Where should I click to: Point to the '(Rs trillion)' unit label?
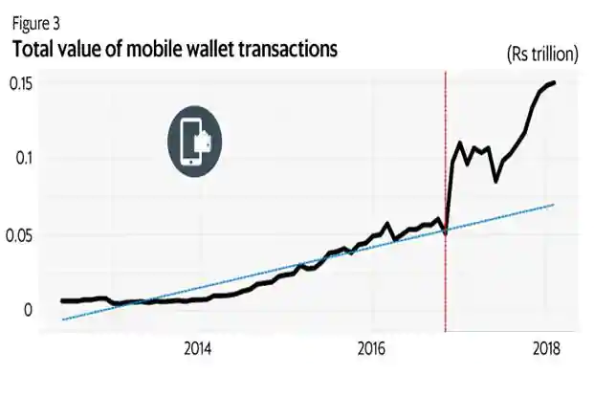pos(541,55)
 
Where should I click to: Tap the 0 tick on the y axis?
pos(28,308)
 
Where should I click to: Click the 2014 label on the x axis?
pos(198,347)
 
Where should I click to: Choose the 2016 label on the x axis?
pos(371,347)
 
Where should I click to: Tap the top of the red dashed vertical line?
pos(446,73)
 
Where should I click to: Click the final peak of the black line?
pos(555,83)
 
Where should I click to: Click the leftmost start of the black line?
pos(61,299)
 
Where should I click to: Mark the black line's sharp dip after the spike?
pos(495,181)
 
